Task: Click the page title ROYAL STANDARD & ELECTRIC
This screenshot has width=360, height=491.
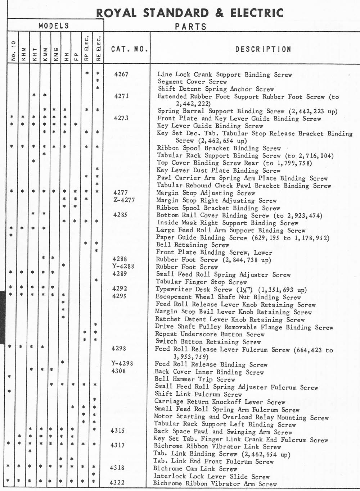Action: [x=189, y=13]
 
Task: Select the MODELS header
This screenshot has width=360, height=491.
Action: [x=54, y=26]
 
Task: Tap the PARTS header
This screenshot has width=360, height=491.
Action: [x=190, y=26]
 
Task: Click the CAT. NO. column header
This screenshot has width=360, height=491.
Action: [x=130, y=49]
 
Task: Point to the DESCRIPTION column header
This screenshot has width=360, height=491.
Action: [x=263, y=49]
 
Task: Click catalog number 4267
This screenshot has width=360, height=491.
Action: [x=121, y=74]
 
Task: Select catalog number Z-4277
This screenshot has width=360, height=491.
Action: [x=124, y=200]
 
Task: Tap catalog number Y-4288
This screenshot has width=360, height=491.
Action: [x=123, y=267]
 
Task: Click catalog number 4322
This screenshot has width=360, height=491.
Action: [x=117, y=482]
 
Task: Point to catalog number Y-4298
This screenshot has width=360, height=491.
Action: [x=122, y=363]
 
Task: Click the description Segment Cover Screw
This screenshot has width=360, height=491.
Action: [x=192, y=82]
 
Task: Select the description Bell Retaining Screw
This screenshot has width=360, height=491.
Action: [x=192, y=245]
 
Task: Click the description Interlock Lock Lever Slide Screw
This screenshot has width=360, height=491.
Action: [x=211, y=476]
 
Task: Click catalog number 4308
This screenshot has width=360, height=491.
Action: [x=119, y=371]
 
